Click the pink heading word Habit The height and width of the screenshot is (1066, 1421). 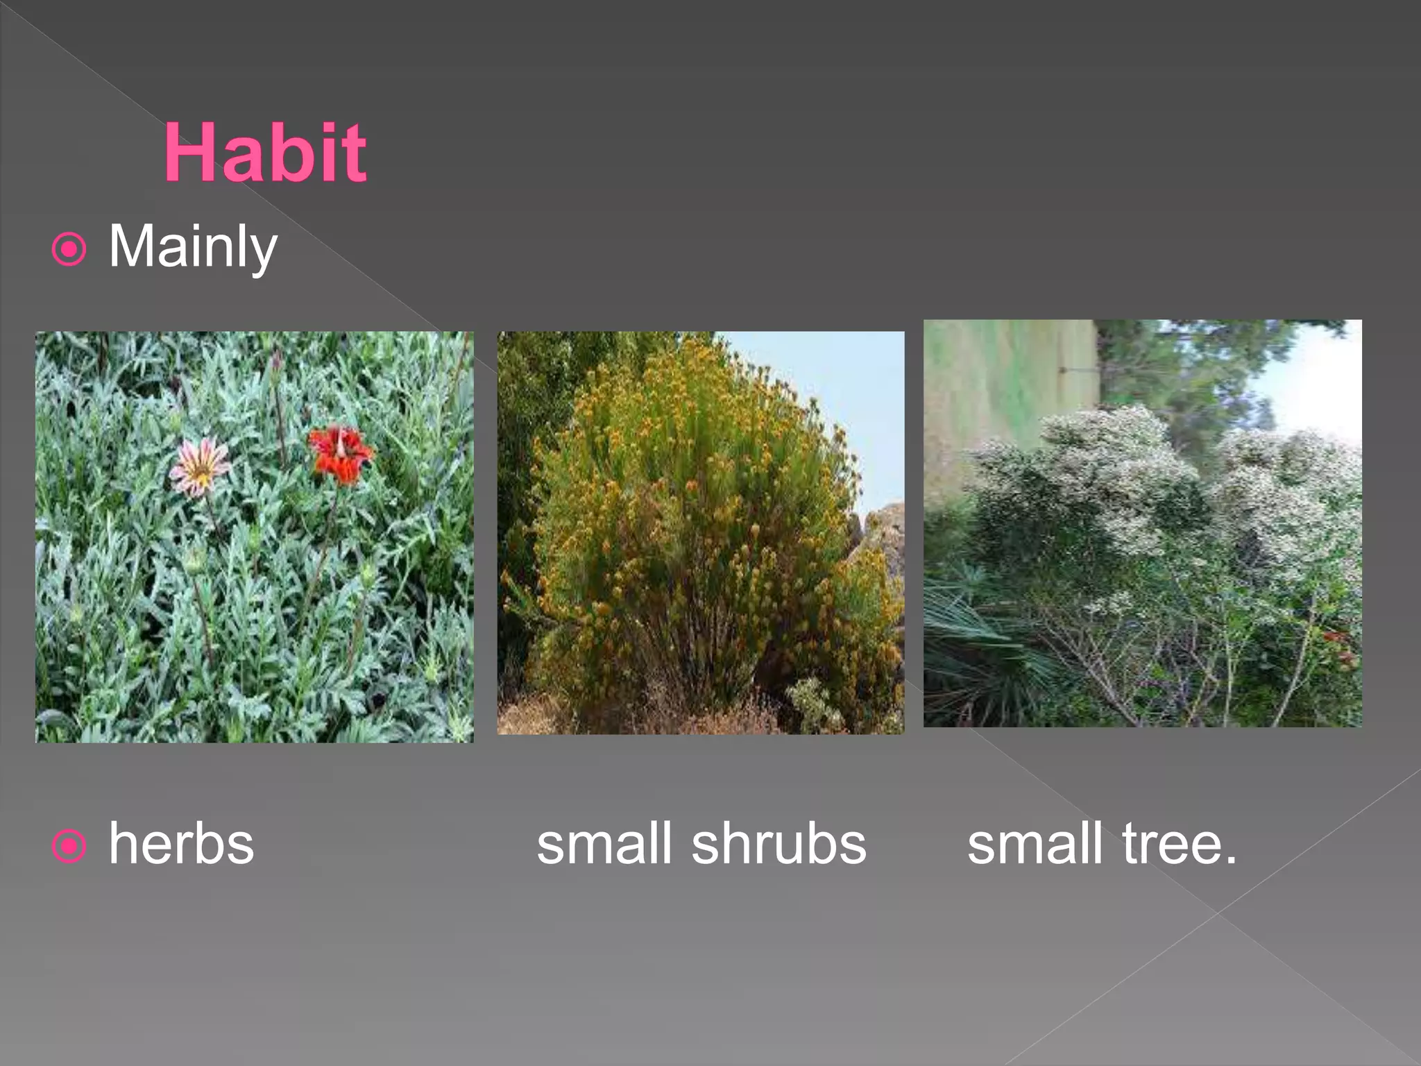pos(264,152)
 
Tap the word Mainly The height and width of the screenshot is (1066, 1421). pos(192,246)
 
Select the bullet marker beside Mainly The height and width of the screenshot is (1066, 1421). pos(69,249)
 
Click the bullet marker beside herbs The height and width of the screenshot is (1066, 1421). pos(69,846)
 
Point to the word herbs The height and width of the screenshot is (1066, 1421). pos(181,844)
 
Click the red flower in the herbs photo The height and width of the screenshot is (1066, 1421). pos(340,454)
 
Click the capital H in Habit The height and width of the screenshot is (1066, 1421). pos(191,152)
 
